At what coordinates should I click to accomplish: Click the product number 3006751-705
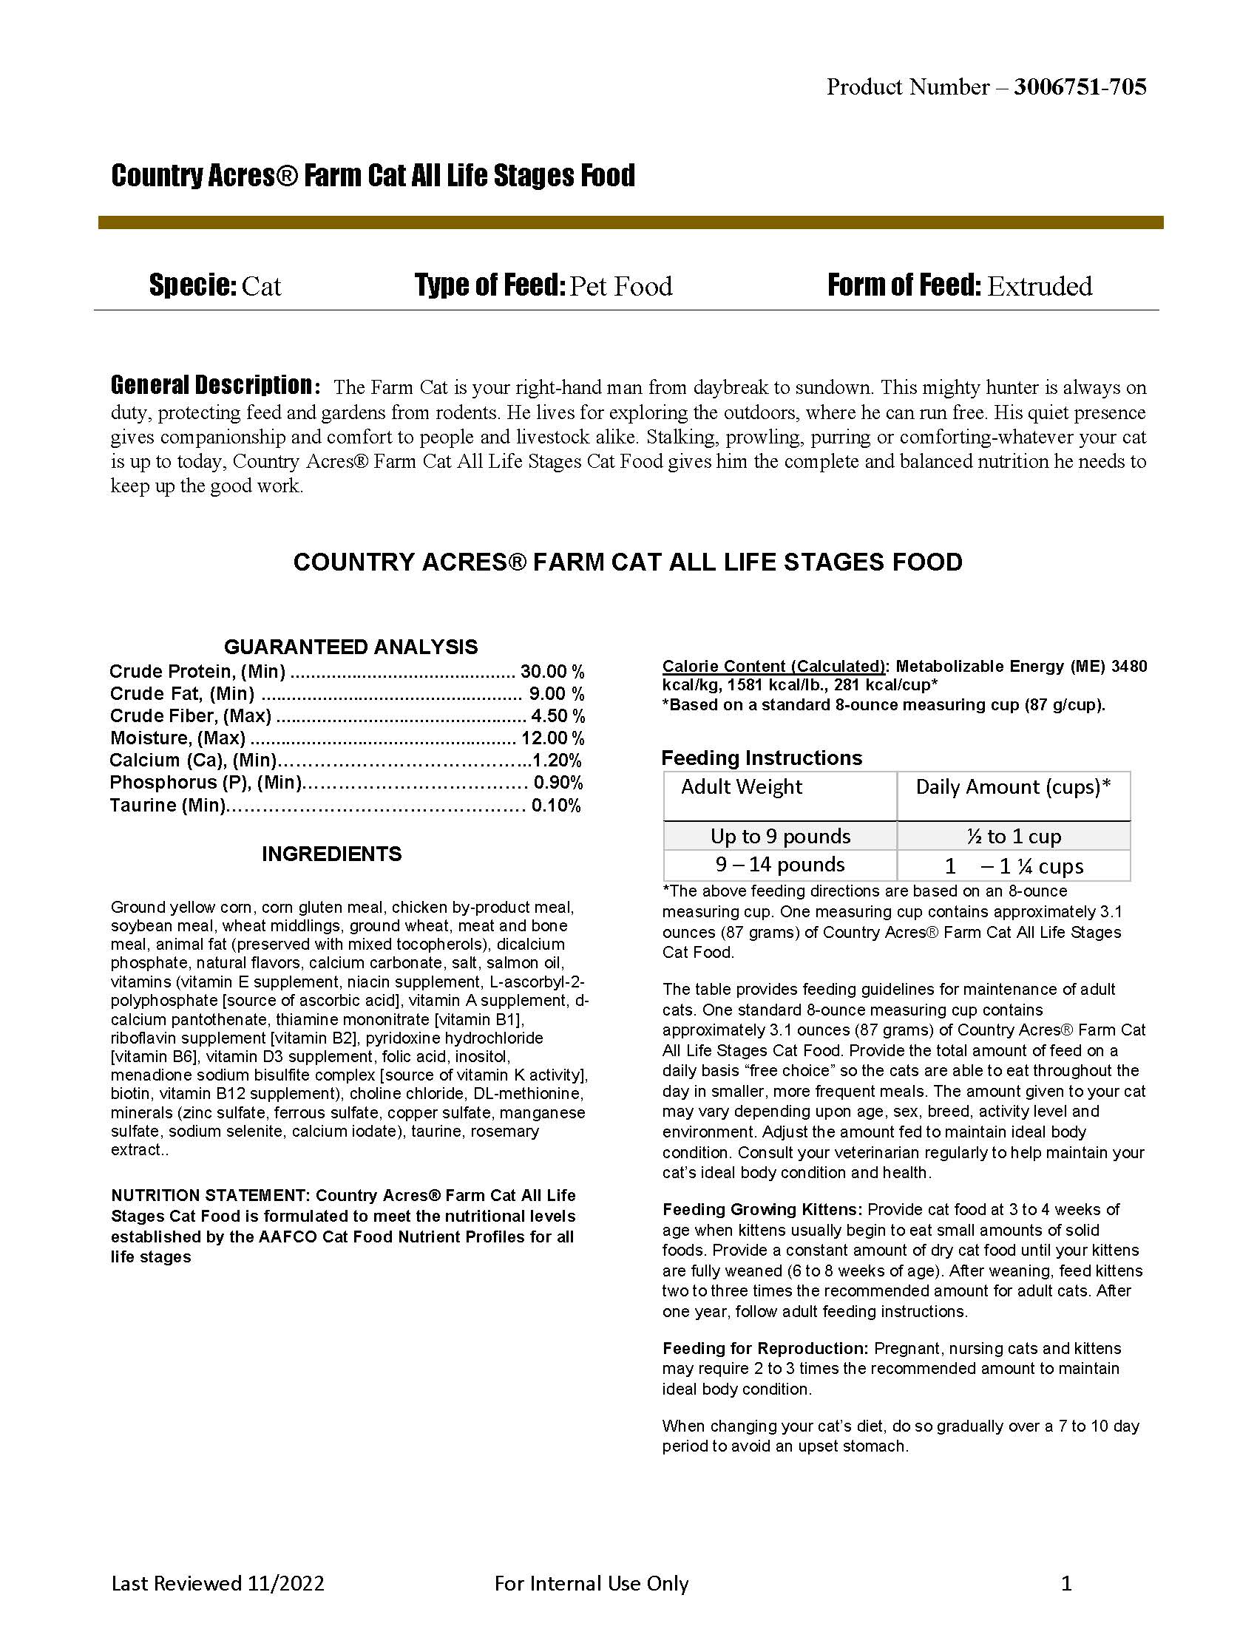(1080, 87)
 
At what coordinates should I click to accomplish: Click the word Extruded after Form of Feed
(1040, 286)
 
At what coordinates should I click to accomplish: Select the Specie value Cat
(261, 286)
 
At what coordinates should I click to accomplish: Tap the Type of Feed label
(490, 285)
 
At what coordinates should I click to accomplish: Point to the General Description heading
(215, 385)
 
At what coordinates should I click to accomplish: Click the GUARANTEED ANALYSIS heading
(350, 646)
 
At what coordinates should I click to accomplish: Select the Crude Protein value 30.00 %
(552, 672)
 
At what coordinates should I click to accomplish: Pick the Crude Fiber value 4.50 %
(557, 716)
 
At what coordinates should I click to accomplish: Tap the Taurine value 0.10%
(555, 806)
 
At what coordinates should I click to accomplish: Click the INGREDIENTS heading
(331, 854)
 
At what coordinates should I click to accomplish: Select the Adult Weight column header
(742, 787)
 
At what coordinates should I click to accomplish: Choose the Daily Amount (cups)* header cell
(1013, 787)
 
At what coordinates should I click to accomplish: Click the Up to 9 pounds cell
(779, 836)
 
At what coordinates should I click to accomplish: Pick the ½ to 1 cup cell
(1014, 836)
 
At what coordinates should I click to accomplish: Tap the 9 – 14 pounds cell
(779, 865)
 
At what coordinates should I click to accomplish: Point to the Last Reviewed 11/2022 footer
(217, 1584)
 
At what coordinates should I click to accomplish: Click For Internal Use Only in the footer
(592, 1584)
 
